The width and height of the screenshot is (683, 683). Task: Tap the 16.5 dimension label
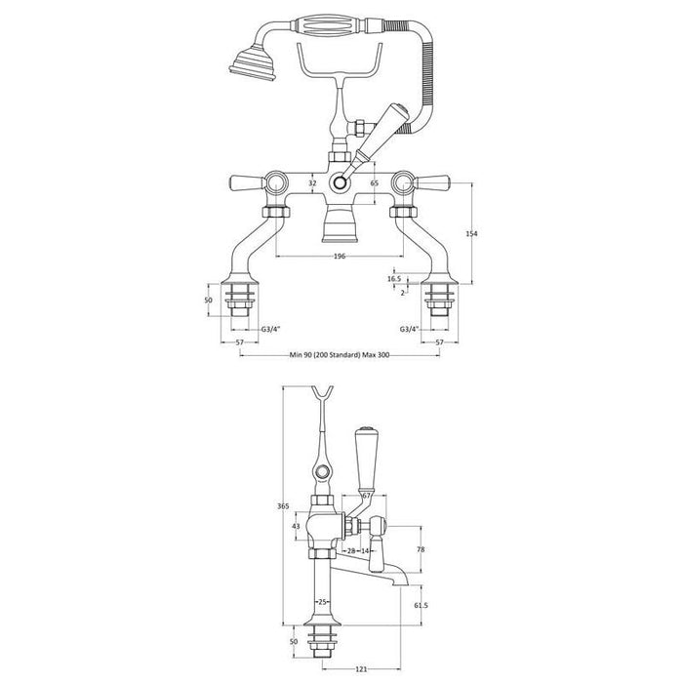[x=394, y=278]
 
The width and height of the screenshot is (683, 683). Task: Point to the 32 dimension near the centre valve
[x=312, y=181]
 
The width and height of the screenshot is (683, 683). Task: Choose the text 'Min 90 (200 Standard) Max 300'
[x=341, y=356]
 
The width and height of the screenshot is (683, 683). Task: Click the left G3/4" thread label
[x=272, y=330]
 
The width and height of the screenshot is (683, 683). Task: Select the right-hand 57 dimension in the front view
[x=440, y=343]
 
